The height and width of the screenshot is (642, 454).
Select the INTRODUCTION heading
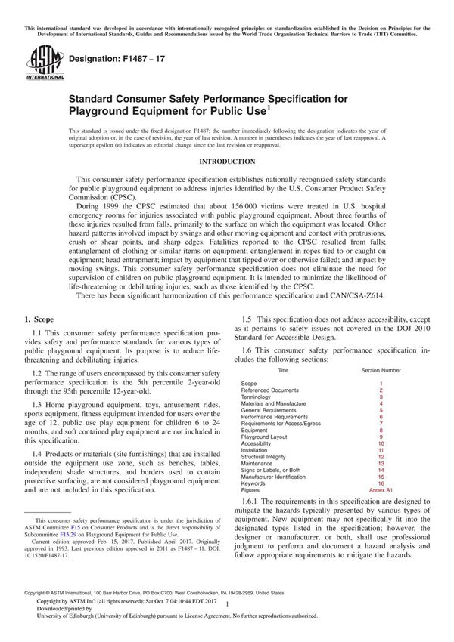[x=226, y=162]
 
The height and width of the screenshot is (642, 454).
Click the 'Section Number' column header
[x=381, y=370]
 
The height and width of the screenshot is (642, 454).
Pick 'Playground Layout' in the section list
[x=264, y=437]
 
